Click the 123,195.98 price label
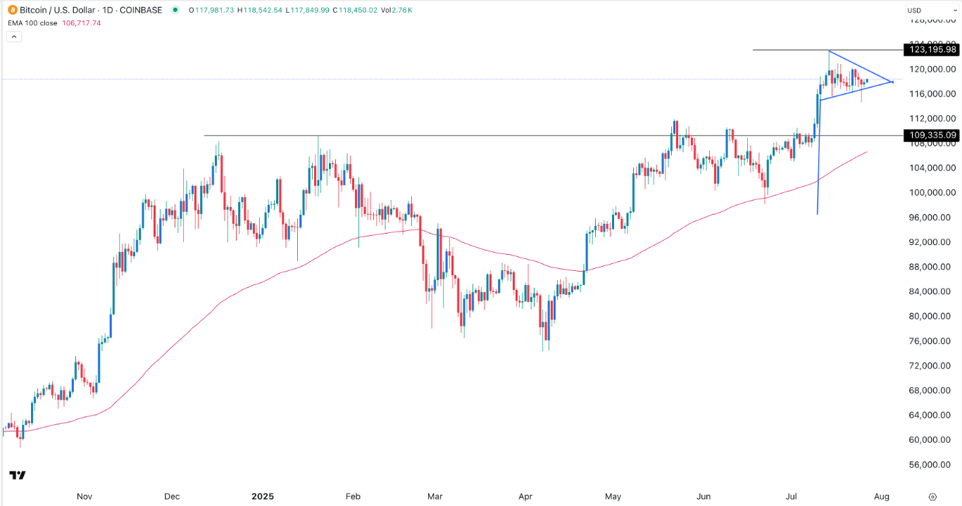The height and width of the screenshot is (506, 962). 932,49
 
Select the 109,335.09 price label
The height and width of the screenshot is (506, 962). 932,135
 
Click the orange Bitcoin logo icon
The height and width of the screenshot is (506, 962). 10,10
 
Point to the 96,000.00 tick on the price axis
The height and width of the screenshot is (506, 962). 932,217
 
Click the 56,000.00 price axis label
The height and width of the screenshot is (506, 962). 932,464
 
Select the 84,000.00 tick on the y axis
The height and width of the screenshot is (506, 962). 932,291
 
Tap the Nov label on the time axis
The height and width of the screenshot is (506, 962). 85,496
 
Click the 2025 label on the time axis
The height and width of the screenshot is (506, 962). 262,496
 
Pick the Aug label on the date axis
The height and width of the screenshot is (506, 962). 882,496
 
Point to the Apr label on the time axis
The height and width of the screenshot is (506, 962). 525,496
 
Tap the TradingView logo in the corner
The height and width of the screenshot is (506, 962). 18,476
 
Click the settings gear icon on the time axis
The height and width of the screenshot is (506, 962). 932,496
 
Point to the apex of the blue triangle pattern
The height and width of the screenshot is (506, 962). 893,82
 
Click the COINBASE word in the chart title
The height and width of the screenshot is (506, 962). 140,10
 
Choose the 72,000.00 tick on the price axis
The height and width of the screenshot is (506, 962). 932,366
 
